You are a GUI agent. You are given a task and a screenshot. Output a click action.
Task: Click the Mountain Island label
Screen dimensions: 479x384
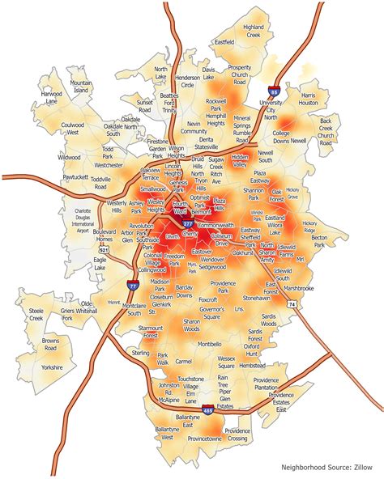tap(81, 87)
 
